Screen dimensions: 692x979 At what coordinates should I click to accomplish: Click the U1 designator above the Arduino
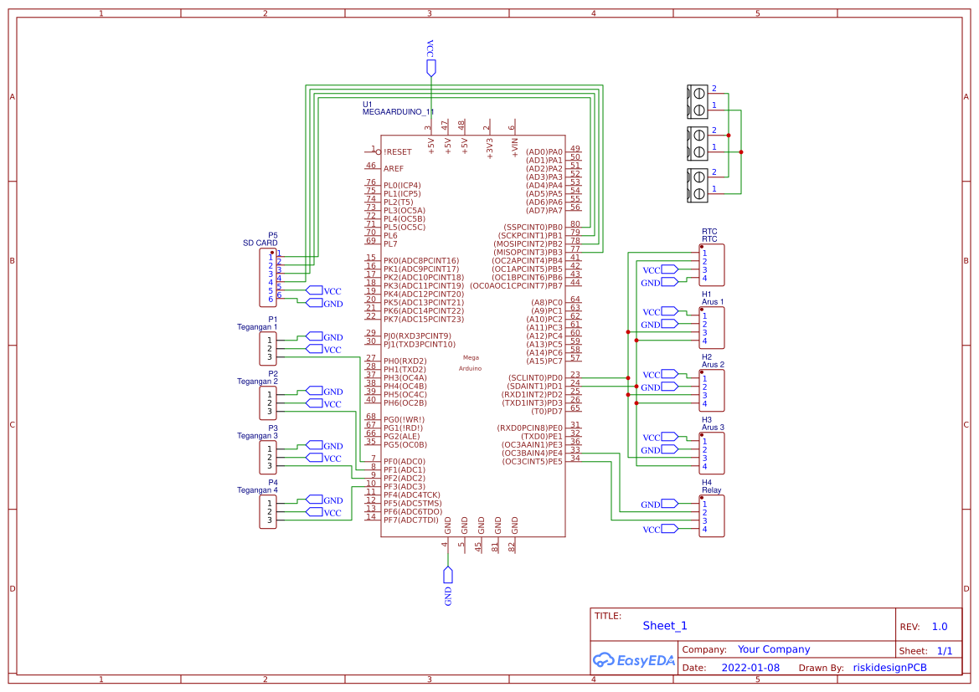367,105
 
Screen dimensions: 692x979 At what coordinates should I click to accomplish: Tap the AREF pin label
393,168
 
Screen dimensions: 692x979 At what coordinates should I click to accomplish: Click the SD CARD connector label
260,243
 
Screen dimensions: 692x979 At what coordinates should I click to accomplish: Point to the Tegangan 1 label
256,326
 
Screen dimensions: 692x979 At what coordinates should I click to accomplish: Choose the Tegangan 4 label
256,490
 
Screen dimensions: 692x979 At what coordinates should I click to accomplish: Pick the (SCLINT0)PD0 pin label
534,377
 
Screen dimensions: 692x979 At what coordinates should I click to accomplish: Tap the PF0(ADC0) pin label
404,461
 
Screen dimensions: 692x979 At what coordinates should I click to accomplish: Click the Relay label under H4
711,490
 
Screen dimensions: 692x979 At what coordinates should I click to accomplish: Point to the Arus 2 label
713,365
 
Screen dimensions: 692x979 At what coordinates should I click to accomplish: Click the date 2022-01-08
750,668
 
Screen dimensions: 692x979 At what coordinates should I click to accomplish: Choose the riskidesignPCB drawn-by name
889,668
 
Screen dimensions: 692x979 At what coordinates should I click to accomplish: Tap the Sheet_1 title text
665,625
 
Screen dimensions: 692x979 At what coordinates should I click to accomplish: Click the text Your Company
774,649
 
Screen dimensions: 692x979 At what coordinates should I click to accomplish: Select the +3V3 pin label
490,147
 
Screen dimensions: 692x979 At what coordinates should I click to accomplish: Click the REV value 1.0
940,627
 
